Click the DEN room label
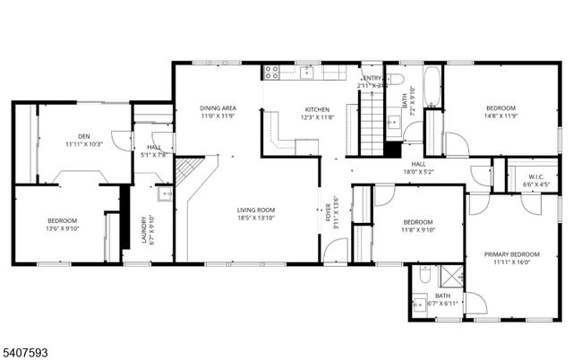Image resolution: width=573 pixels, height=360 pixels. [x=83, y=135]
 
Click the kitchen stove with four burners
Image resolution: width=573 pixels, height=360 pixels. [x=270, y=71]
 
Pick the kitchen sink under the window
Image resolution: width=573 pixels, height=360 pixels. [x=307, y=71]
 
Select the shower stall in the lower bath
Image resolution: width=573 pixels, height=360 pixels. [x=448, y=277]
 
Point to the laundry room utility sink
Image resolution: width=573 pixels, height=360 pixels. [x=164, y=193]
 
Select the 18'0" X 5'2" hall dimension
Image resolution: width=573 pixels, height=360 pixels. [x=418, y=172]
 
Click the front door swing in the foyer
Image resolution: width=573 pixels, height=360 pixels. [x=335, y=253]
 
